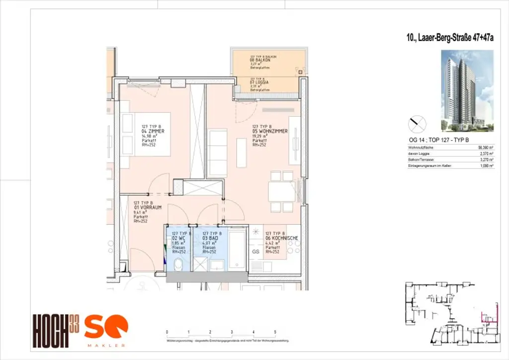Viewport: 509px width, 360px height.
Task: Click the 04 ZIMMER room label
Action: (153, 131)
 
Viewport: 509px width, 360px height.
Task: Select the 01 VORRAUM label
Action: (148, 207)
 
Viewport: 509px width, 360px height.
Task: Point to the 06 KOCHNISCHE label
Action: (282, 238)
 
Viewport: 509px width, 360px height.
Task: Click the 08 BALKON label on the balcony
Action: (259, 60)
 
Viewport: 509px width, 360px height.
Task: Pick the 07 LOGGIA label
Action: (259, 82)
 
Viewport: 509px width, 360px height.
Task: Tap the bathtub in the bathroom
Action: (237, 250)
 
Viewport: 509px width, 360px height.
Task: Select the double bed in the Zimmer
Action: (145, 134)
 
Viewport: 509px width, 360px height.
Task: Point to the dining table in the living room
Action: (281, 191)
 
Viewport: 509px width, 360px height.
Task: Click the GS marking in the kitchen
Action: (256, 252)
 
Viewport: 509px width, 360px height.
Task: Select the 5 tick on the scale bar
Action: (275, 331)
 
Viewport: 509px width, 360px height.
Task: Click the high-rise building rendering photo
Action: (467, 90)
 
